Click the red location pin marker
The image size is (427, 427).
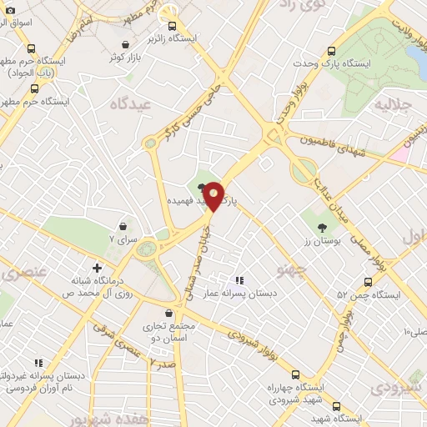click(x=214, y=195)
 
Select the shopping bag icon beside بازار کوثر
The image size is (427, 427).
click(x=125, y=44)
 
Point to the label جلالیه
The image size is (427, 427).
click(x=393, y=105)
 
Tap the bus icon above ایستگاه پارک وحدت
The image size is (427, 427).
click(x=332, y=50)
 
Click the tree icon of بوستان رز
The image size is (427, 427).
click(x=321, y=229)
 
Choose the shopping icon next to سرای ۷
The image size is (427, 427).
click(x=123, y=226)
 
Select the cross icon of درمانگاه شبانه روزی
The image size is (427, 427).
click(x=98, y=269)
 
